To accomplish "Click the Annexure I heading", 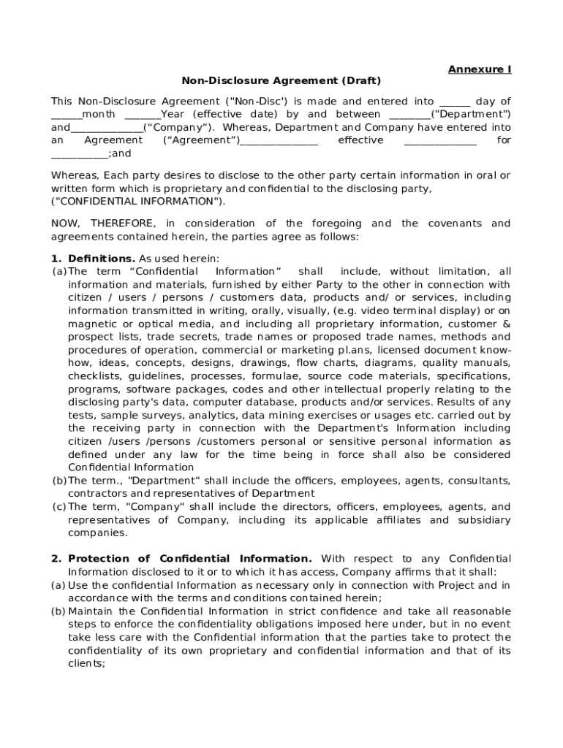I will point(480,69).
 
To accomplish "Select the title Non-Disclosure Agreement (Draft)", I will point(281,81).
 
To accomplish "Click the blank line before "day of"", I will point(454,102).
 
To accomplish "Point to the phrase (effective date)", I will point(235,115).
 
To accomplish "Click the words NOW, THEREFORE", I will point(102,224).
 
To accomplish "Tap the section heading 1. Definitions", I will point(94,259).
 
